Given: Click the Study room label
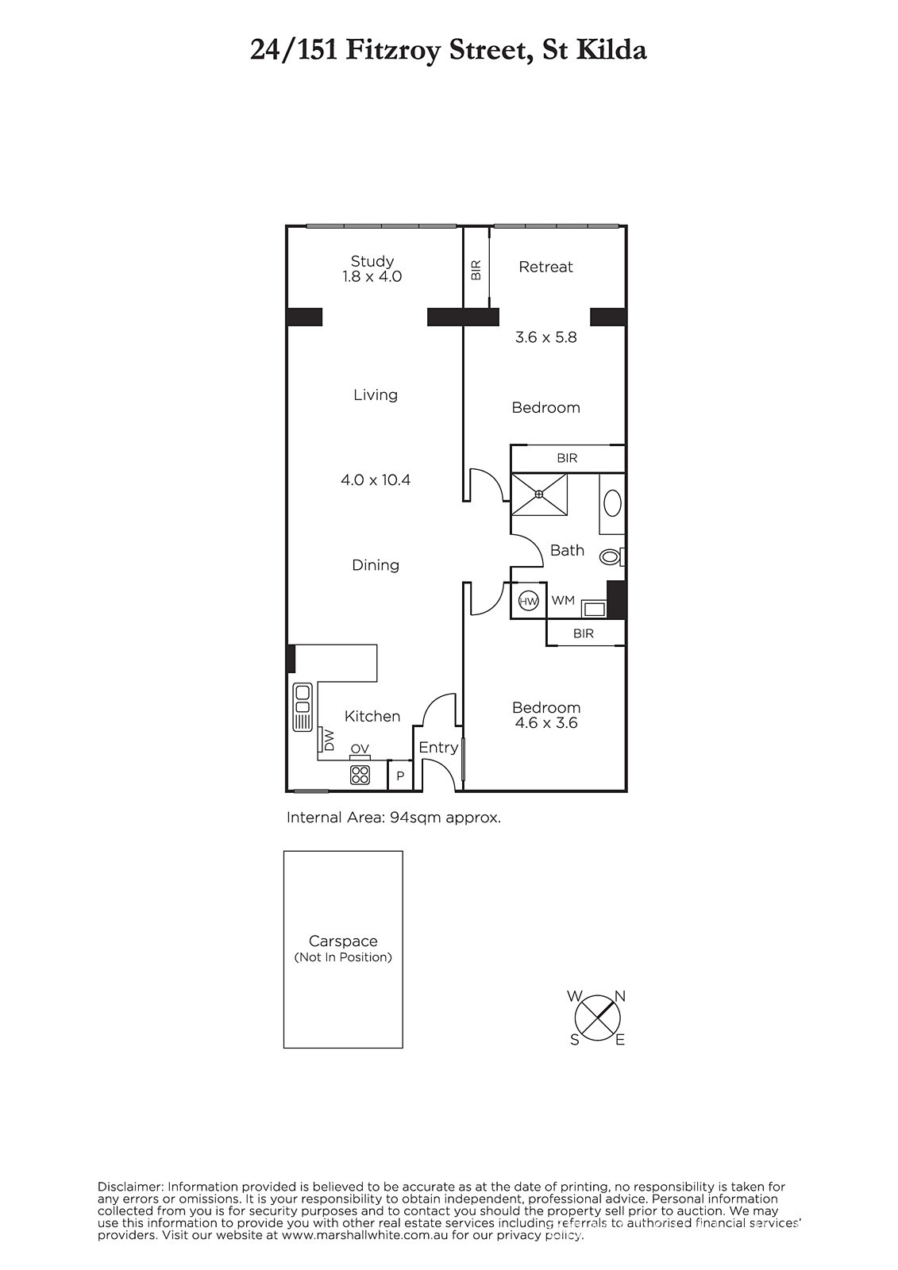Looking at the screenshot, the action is [x=372, y=261].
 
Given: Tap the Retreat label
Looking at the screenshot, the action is [x=545, y=267].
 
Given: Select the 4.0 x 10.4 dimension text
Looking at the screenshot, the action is [x=376, y=480].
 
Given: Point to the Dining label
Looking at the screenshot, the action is [x=376, y=565].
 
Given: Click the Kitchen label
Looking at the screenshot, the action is [x=372, y=717].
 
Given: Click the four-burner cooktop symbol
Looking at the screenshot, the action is [x=360, y=775].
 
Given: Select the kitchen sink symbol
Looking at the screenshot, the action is [x=303, y=707].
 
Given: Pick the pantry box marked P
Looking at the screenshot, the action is [x=400, y=775].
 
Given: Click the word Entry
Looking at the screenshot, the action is [x=438, y=748].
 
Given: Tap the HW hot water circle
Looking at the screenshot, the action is [x=529, y=601].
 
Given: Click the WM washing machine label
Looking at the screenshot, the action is [x=563, y=600].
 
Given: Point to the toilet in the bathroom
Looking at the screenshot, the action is [x=611, y=557].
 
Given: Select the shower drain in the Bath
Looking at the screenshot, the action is [x=539, y=495].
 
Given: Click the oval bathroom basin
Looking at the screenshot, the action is [x=612, y=503].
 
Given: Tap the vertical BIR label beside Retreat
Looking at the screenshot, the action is [x=476, y=270].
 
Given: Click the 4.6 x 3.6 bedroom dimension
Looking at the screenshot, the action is [x=545, y=723].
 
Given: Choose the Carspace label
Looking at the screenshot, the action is [x=343, y=941].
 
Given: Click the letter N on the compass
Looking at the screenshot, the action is [x=620, y=996].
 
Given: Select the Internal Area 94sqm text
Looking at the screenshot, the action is [x=394, y=818].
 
